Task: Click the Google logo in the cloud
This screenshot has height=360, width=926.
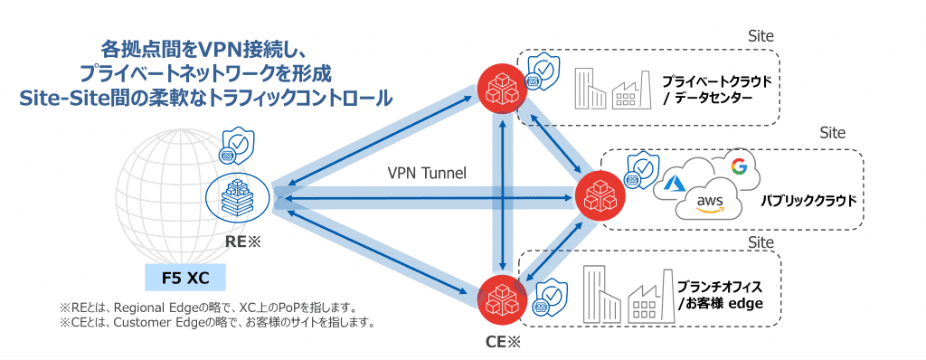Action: [739, 166]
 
